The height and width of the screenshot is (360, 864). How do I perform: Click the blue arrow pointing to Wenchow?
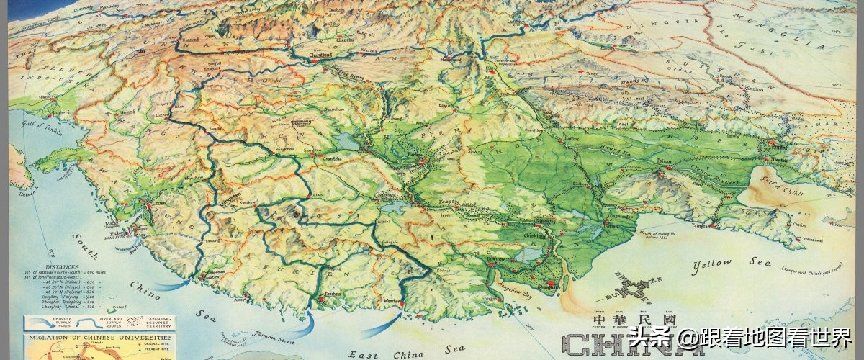[x=379, y=328]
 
